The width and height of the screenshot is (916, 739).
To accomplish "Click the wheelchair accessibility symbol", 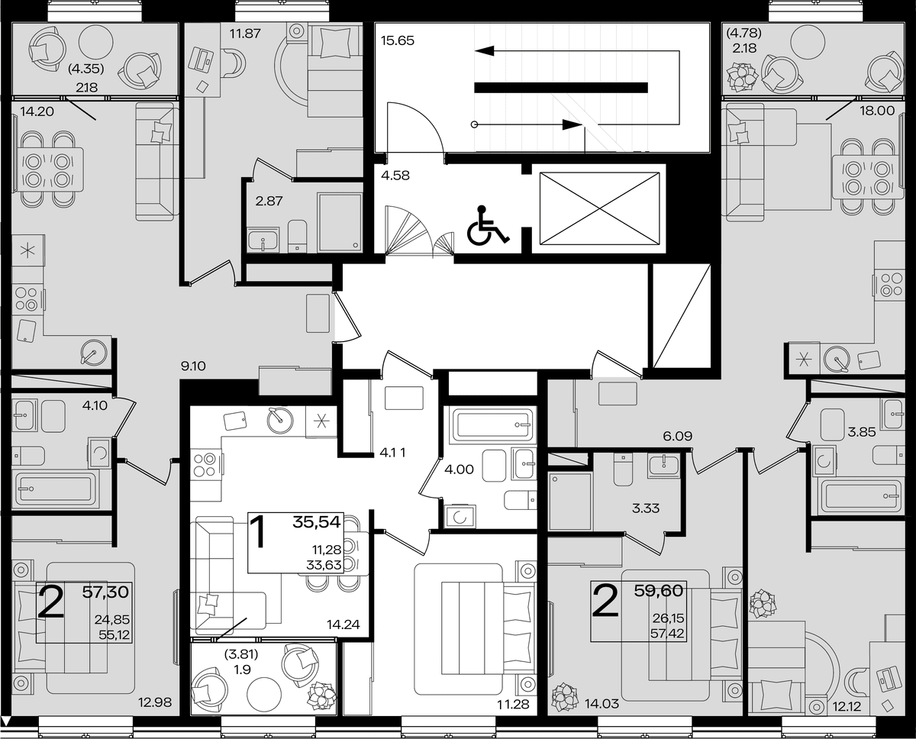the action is click(487, 225).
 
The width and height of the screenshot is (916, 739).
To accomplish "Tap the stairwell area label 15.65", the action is click(398, 41).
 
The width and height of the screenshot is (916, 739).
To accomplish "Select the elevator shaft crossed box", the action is click(599, 208).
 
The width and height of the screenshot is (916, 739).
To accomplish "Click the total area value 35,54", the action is click(317, 522).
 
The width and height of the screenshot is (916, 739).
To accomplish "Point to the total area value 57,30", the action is click(105, 592).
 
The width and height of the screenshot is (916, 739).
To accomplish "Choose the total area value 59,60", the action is click(659, 591).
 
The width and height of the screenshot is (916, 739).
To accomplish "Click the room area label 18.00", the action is click(877, 111).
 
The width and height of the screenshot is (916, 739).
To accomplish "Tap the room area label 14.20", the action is click(37, 111).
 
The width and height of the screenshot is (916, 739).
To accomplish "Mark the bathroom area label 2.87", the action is click(269, 201).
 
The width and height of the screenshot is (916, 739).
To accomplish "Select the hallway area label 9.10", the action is click(193, 366).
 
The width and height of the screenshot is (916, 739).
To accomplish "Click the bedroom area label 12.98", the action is click(155, 702).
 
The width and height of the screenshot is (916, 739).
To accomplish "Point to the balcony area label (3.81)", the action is click(241, 653).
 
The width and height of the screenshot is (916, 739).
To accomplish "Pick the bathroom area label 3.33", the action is click(646, 508).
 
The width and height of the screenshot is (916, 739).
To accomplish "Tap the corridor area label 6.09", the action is click(678, 436).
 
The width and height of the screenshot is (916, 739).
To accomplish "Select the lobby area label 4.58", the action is click(395, 176).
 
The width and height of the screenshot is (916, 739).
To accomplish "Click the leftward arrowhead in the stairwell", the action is click(485, 51).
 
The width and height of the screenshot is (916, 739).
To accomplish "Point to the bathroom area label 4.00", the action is click(459, 470).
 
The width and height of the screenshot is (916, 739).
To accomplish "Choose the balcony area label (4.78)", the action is click(744, 33).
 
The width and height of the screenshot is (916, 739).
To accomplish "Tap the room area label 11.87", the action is click(245, 33).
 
